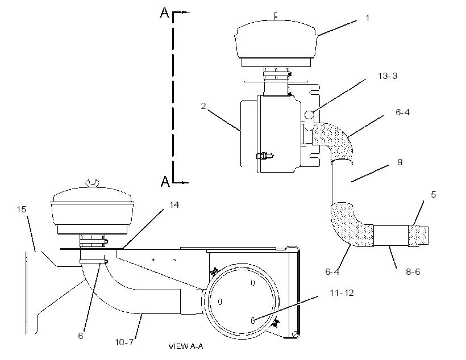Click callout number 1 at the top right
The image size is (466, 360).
pos(367,18)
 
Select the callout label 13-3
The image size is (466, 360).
pos(388,76)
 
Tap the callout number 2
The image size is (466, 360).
pos(203,106)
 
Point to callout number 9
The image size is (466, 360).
pos(400,162)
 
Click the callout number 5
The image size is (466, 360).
pos(433,195)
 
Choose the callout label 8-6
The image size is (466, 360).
pos(413,272)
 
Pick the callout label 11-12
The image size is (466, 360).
pos(342,293)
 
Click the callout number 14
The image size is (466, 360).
pos(174,205)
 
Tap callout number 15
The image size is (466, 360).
pos(22,210)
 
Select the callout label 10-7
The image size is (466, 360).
pos(124,342)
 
